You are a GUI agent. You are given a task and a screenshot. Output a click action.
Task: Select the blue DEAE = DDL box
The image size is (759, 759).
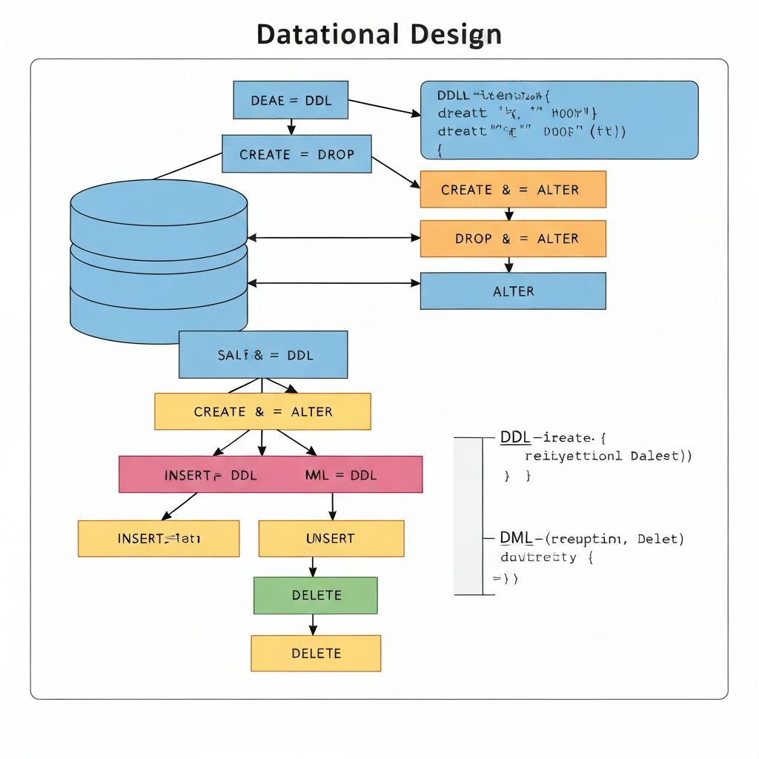pos(291,100)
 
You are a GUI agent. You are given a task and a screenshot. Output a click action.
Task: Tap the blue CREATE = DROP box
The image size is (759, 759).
pos(296,154)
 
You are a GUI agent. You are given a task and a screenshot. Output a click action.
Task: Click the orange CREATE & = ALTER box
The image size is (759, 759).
pos(513,190)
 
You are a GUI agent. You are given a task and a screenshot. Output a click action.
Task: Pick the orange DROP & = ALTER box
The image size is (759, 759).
pos(513,239)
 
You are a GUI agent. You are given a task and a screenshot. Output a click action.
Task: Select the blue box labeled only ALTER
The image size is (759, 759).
pos(513,291)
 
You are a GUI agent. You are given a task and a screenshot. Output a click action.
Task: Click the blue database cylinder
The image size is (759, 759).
pos(158,259)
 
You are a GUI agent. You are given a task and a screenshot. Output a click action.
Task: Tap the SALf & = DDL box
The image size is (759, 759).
pos(263,355)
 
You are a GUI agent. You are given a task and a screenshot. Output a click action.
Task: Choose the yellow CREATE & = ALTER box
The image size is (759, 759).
pos(262,411)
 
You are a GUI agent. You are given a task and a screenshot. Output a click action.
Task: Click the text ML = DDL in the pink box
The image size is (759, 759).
pos(341,475)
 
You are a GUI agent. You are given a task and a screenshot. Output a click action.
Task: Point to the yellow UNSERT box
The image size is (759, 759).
pos(331,538)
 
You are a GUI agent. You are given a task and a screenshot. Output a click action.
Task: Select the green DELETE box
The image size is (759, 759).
pos(316,595)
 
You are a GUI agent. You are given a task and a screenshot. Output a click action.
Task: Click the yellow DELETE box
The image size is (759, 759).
pos(316,653)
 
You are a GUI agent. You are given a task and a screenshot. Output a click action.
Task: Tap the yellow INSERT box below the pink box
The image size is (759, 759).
pos(159,538)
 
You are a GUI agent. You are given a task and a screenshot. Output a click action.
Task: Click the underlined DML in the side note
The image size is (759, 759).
pos(515,538)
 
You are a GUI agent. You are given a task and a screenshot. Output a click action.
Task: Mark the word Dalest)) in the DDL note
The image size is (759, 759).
pos(661,456)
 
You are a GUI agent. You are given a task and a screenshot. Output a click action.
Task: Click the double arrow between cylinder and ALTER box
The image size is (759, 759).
pos(334,283)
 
